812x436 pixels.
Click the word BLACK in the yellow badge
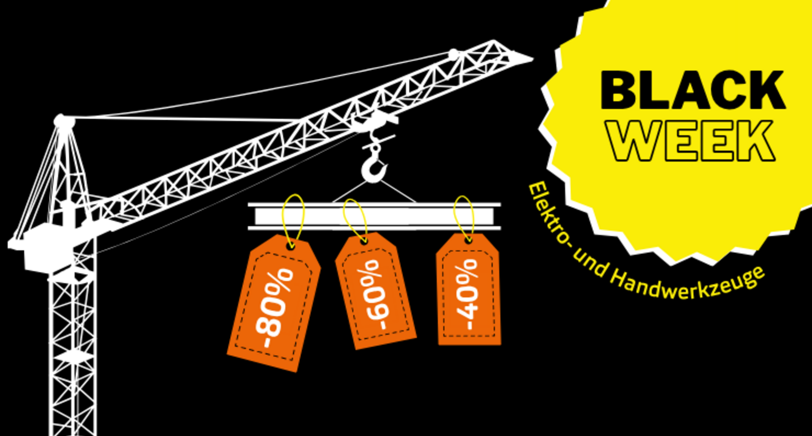693,91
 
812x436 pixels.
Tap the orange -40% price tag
468,293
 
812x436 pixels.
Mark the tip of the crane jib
530,59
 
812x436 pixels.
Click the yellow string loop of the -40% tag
464,216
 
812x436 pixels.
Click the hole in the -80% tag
290,246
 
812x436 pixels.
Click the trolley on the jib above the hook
374,122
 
